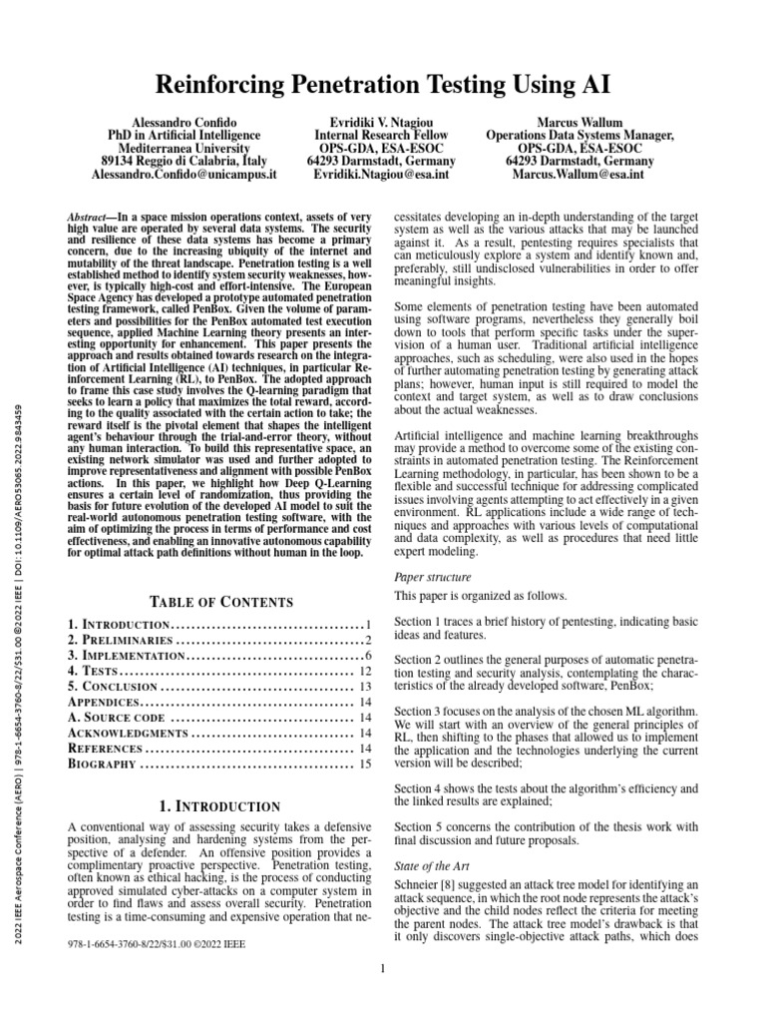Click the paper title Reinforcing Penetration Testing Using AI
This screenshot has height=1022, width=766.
pyautogui.click(x=382, y=83)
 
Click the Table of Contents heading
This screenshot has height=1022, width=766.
pyautogui.click(x=220, y=602)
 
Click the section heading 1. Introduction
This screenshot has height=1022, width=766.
pyautogui.click(x=220, y=805)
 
